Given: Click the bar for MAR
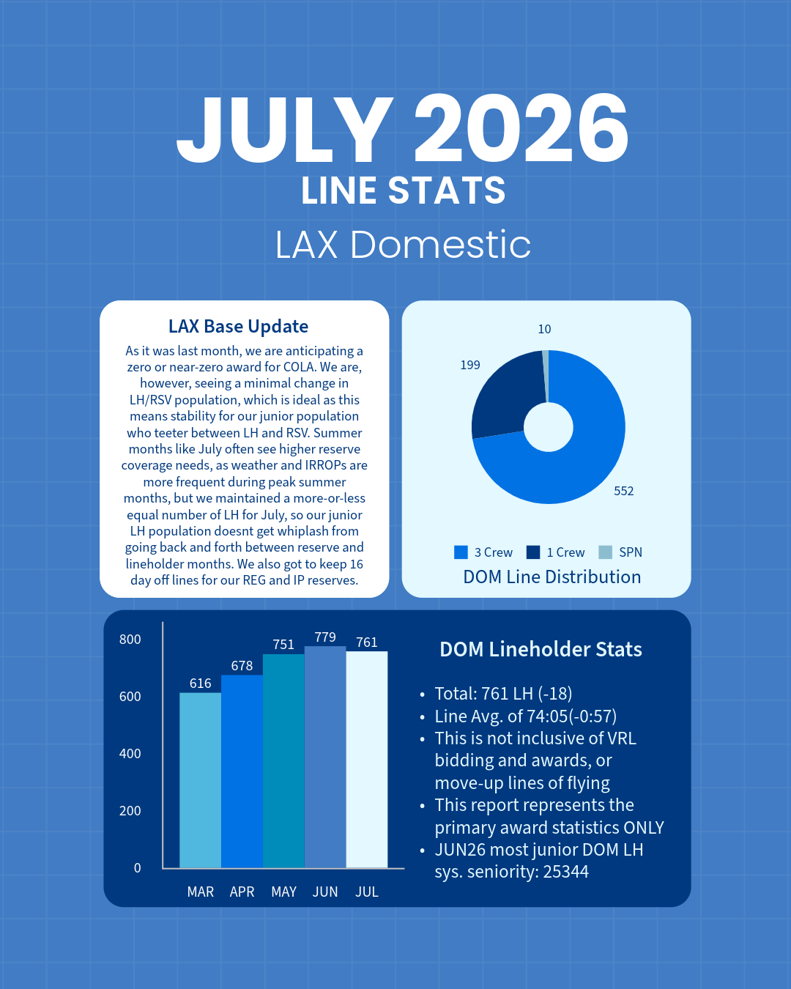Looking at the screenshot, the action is (x=200, y=780).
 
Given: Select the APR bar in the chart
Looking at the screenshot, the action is (x=242, y=771).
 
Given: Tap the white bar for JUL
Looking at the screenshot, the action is (x=367, y=760).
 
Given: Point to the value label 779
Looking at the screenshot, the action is (x=325, y=637).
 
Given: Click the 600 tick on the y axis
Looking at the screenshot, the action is (x=130, y=696).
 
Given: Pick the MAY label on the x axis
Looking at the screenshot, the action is (x=283, y=892).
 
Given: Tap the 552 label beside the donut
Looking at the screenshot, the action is (x=624, y=491).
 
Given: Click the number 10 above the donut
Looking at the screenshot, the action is (x=544, y=329).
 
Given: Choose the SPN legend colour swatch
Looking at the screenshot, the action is (x=605, y=552).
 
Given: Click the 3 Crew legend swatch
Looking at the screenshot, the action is (x=461, y=552).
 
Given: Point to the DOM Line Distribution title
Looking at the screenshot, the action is (x=552, y=577).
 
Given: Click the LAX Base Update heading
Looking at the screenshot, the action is (x=238, y=326).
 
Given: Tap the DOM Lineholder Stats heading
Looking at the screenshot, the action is (x=541, y=649).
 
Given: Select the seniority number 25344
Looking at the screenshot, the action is (x=566, y=871).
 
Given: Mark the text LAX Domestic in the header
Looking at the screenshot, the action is (x=403, y=244).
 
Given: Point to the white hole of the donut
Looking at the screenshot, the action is (x=549, y=427).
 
